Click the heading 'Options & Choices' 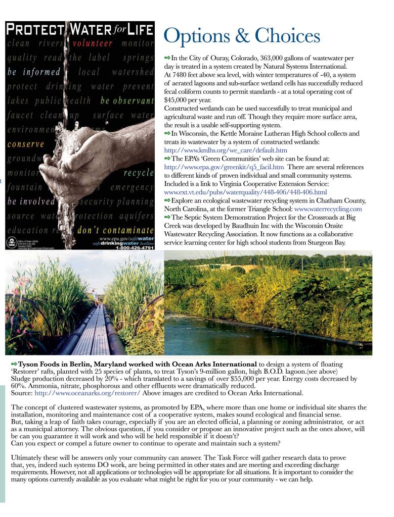coord(242,36)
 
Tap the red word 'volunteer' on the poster coord(93,43)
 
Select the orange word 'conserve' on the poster coord(26,144)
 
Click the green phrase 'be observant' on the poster coord(127,100)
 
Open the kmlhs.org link coord(226,150)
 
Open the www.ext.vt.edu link coord(245,192)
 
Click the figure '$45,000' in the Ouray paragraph coord(177,99)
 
